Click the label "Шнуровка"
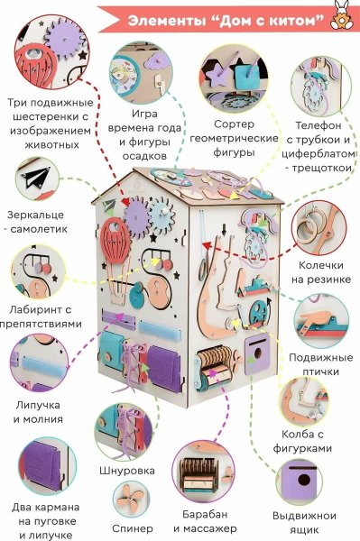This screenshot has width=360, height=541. pos(126,471)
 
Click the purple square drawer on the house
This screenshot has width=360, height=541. pos(258,348)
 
